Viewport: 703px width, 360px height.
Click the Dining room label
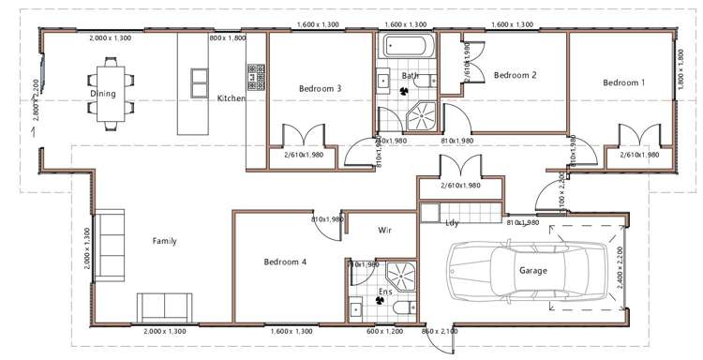[x=102, y=94]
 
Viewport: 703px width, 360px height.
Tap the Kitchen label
[x=231, y=98]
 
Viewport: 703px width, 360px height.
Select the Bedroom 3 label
[x=320, y=89]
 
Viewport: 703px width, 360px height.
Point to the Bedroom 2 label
[x=515, y=75]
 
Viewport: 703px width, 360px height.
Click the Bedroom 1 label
[x=623, y=83]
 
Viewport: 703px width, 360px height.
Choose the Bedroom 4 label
[x=285, y=262]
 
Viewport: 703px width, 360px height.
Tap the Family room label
[x=165, y=241]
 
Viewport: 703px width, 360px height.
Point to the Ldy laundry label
[x=452, y=222]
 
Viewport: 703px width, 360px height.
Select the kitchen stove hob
[x=254, y=76]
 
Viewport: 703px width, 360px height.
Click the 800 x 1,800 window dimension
[x=226, y=38]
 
